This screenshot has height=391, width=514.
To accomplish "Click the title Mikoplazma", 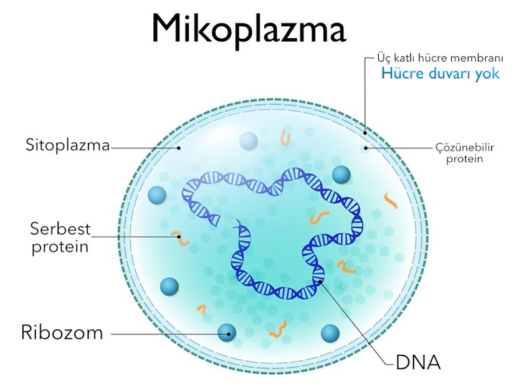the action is [249, 30].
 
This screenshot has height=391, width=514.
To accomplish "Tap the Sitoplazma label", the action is [67, 145].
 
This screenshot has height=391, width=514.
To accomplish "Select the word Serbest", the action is [60, 229].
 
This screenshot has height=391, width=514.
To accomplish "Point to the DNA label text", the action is [418, 362].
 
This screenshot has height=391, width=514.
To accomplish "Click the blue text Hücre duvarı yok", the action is [440, 73].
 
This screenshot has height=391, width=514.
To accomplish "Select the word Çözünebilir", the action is [465, 148].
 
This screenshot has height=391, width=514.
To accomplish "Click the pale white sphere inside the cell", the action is [249, 142].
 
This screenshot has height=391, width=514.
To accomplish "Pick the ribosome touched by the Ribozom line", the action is [227, 332].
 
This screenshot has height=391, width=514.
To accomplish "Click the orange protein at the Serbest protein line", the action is [180, 238].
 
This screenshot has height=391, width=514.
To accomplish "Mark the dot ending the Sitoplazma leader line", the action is [179, 148].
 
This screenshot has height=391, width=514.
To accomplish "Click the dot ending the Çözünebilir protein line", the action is [366, 148].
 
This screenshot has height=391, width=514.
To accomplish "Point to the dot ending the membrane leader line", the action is [365, 133].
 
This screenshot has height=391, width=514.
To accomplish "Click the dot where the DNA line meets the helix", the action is [320, 281].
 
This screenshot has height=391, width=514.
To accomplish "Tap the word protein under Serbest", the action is [60, 247].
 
